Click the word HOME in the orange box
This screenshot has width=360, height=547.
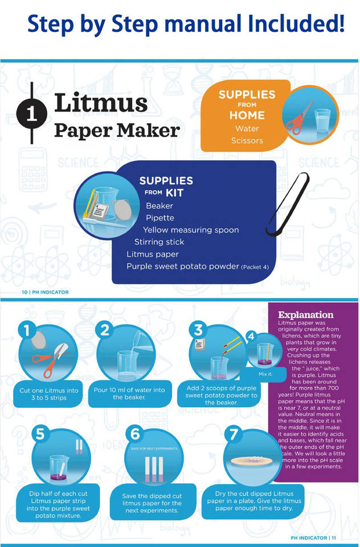tap(247, 115)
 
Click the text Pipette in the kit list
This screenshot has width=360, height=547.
tap(159, 218)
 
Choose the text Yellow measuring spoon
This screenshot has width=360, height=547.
tap(191, 230)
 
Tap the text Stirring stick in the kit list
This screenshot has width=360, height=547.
tap(159, 242)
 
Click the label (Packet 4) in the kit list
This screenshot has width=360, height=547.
tap(255, 267)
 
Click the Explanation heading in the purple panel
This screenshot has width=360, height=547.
tap(305, 314)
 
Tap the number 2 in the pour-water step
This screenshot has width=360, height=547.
tap(105, 330)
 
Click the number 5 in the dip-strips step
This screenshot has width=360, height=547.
tap(39, 435)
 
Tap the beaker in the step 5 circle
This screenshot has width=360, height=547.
tap(59, 467)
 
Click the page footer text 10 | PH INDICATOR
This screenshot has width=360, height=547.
tap(45, 292)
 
